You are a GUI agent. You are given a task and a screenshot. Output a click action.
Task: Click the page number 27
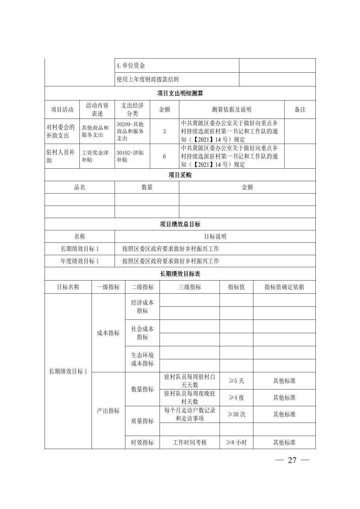tap(292, 460)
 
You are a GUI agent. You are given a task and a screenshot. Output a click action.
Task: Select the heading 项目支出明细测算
tap(180, 93)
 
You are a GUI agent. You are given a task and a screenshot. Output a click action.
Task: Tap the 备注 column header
tap(300, 110)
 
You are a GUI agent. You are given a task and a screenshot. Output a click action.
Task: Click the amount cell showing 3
tap(164, 132)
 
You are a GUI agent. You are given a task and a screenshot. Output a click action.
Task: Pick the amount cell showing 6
tap(164, 156)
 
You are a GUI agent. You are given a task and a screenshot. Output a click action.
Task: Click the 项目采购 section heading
tap(180, 175)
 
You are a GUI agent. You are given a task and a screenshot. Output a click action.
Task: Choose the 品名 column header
tap(79, 188)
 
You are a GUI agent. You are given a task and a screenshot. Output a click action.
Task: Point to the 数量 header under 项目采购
tap(147, 188)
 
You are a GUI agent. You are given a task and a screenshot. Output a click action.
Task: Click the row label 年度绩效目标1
tap(79, 261)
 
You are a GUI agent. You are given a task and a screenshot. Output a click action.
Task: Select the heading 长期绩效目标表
tap(180, 274)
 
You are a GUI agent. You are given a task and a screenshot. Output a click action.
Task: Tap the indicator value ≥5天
tap(236, 381)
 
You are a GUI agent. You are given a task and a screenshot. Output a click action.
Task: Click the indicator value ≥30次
tap(236, 414)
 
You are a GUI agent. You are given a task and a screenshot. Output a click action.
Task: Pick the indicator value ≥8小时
tap(236, 442)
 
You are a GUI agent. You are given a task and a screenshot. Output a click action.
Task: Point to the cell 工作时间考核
tap(189, 442)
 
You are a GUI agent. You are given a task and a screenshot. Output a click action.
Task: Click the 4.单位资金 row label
tap(131, 66)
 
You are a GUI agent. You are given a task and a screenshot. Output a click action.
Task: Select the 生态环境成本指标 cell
tap(142, 359)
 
